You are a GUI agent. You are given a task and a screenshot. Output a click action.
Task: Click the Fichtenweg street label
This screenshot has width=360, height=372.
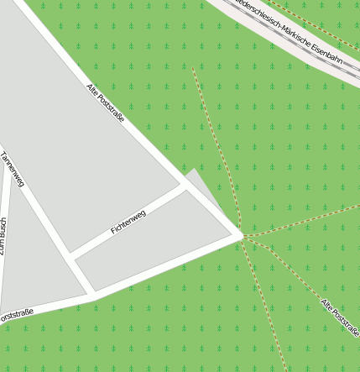pos(128,223)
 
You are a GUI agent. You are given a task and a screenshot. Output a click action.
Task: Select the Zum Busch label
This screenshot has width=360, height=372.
pos(3,239)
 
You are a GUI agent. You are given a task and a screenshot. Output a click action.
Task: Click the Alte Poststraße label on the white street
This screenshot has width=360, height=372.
pos(106,102)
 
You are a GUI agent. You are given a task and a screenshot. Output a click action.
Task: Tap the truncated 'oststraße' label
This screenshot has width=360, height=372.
pos(16,315)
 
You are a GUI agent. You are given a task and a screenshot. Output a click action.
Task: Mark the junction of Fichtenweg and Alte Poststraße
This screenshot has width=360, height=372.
pos(184,186)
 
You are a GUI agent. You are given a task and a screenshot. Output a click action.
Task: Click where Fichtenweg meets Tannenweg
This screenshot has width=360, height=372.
pos(71,254)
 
